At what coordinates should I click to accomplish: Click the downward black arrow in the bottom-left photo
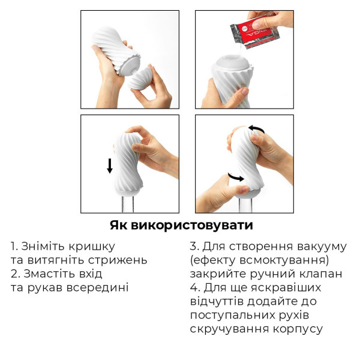pos(109,166)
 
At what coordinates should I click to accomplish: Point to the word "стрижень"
pos(121,260)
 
